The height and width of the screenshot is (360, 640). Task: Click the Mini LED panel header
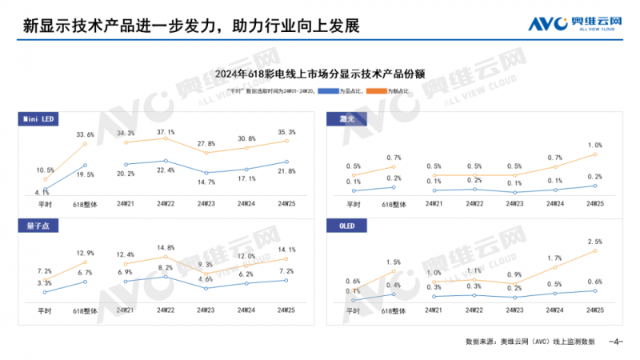click(38, 119)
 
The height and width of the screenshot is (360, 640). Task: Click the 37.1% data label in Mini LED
click(166, 131)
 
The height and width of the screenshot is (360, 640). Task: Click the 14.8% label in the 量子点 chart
click(166, 247)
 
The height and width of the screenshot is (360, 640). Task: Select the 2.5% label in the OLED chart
click(594, 241)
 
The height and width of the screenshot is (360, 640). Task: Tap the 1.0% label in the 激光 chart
click(594, 145)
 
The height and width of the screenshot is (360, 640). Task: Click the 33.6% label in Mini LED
click(85, 134)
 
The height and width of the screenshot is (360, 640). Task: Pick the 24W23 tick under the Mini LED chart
click(206, 204)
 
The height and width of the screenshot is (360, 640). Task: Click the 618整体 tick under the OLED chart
click(394, 310)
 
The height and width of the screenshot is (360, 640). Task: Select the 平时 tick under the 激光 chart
click(354, 204)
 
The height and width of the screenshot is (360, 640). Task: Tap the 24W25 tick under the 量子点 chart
click(286, 310)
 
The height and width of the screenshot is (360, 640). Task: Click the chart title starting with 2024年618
click(319, 74)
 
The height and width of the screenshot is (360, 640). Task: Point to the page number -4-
click(615, 342)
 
